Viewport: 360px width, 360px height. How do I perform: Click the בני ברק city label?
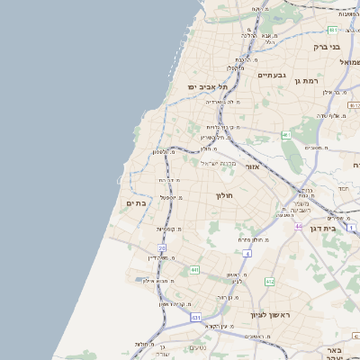click(327, 46)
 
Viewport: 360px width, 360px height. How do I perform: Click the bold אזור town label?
click(252, 166)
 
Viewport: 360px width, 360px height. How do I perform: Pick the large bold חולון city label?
click(224, 195)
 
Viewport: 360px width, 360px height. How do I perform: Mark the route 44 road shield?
click(297, 226)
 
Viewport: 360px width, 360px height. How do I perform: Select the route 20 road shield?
click(163, 247)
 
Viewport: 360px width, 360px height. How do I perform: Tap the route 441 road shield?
click(194, 269)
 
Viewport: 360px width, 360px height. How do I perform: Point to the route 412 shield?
click(269, 282)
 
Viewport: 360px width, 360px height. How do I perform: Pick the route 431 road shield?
click(195, 318)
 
